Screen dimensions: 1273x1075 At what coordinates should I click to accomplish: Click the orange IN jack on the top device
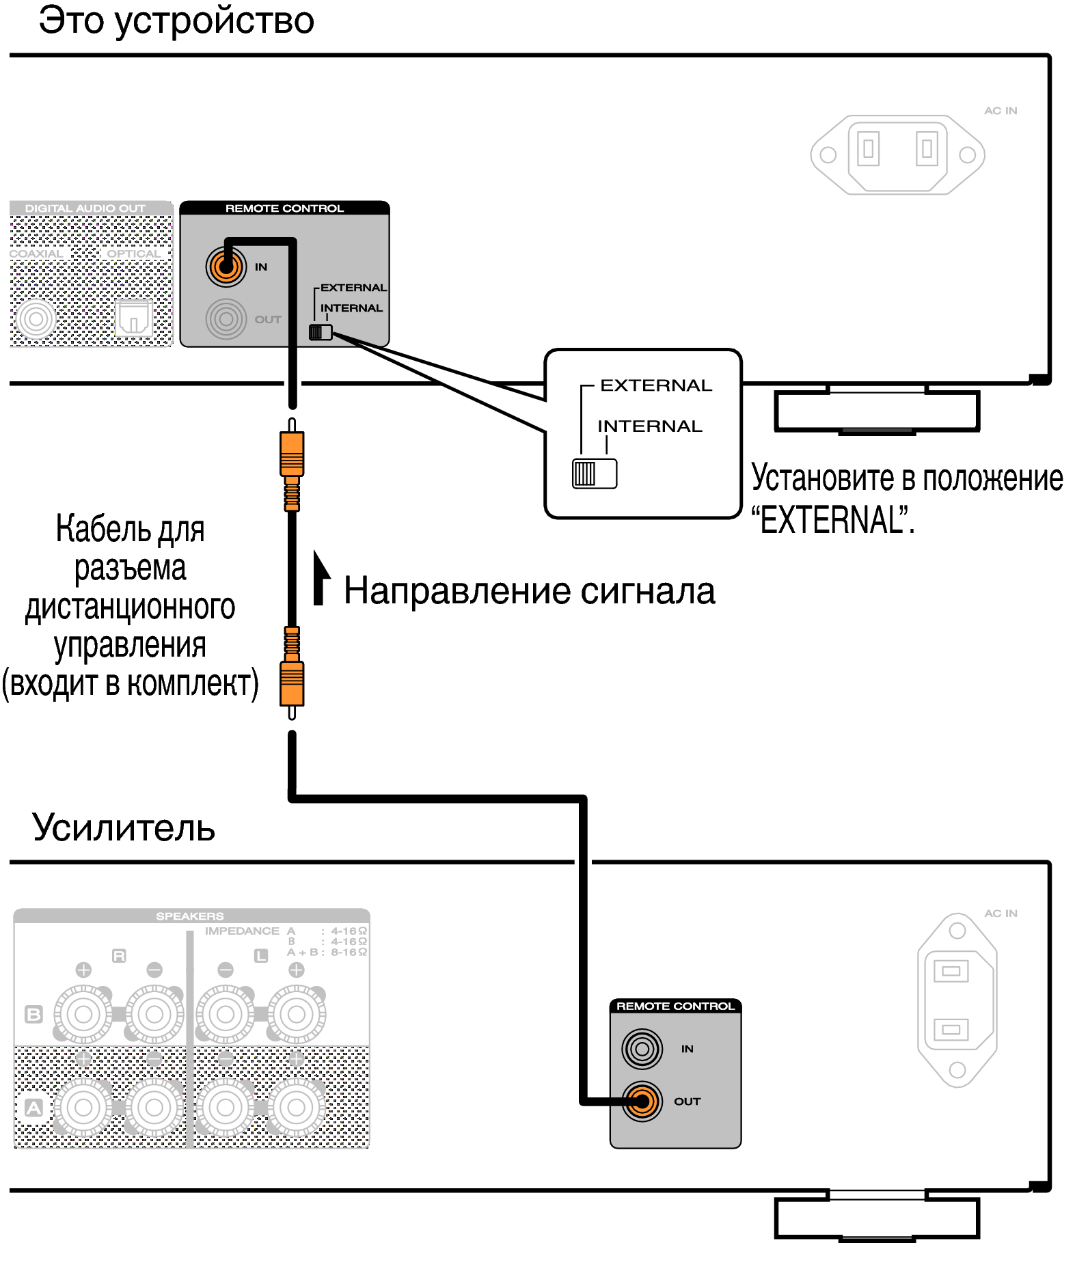226,266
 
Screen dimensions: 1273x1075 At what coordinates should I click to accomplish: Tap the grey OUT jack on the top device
226,319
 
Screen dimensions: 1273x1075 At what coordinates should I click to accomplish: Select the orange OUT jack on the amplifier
642,1101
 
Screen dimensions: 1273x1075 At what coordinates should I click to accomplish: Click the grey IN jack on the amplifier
642,1048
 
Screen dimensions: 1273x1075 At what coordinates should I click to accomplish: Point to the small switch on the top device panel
321,333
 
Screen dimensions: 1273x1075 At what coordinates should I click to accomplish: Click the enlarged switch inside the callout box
594,474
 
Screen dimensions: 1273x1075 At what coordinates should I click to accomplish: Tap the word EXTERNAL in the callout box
655,386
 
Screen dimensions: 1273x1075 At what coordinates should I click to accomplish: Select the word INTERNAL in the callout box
649,426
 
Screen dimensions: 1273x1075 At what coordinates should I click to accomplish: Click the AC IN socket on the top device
897,154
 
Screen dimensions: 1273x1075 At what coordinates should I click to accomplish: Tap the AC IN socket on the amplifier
957,1000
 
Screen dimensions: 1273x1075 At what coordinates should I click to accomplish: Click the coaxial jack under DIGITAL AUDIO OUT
36,318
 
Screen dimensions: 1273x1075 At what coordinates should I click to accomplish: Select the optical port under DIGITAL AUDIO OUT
133,318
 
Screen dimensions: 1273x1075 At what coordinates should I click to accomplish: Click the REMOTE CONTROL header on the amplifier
675,1006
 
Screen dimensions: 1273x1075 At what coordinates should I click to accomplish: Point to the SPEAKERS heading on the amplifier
190,916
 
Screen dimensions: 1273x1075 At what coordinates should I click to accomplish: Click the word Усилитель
124,828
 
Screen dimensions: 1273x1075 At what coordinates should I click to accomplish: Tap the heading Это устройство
176,20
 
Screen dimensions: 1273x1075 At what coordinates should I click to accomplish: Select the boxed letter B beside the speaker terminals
33,1014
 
